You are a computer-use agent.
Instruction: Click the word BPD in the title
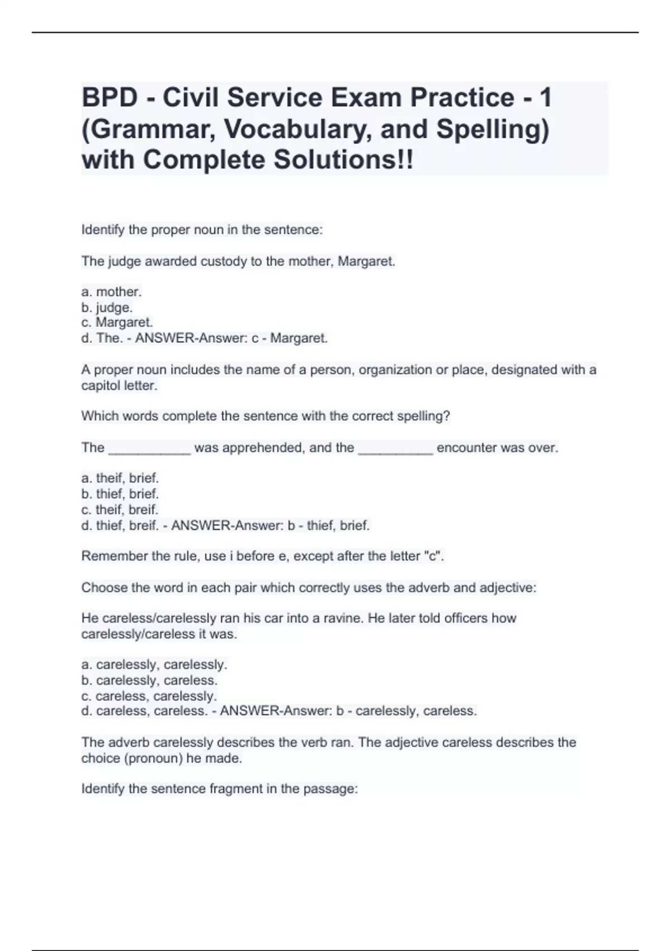[x=110, y=98]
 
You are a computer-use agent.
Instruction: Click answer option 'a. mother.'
[x=111, y=292]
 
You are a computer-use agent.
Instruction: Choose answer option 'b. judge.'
[x=107, y=308]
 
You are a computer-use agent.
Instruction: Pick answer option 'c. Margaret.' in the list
[x=117, y=323]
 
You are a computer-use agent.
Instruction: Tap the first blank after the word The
[x=149, y=448]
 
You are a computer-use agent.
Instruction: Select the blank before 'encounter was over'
[x=395, y=448]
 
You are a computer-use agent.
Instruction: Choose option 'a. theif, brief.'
[x=120, y=478]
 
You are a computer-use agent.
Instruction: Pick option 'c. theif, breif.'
[x=120, y=510]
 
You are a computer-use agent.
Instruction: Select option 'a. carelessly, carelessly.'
[x=154, y=665]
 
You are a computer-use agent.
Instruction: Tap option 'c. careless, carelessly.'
[x=149, y=696]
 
